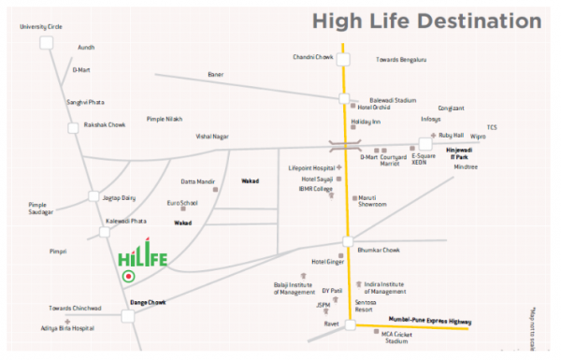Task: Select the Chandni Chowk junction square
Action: click(344, 60)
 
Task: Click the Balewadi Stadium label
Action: click(393, 98)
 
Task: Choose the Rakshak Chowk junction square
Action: click(73, 127)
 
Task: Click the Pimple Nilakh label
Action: click(165, 119)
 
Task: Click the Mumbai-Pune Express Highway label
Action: click(430, 321)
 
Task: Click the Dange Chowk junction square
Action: click(127, 316)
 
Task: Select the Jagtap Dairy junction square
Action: click(93, 197)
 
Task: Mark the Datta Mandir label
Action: click(198, 180)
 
